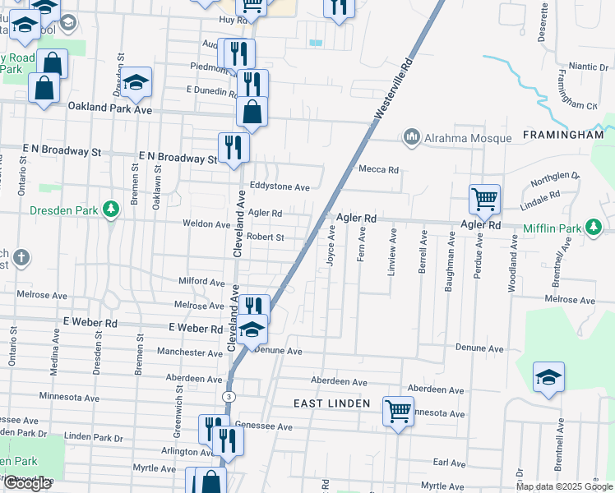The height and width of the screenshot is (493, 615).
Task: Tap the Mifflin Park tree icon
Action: tap(591, 228)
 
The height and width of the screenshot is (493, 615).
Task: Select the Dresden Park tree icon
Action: tap(111, 210)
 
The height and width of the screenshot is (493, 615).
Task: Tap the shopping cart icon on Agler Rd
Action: tap(484, 198)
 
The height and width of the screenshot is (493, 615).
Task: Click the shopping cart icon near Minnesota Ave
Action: tap(398, 409)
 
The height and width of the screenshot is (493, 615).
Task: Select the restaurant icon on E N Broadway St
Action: tap(234, 147)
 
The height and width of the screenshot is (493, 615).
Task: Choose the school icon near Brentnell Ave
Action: tap(548, 376)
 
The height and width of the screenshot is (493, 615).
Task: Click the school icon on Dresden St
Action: tap(137, 81)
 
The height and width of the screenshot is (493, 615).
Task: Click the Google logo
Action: tap(27, 484)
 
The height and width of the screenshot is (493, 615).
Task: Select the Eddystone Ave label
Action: tap(280, 187)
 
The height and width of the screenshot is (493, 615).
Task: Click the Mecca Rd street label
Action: tap(378, 170)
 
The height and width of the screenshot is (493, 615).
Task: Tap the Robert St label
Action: tap(265, 237)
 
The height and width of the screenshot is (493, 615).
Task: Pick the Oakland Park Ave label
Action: tap(110, 108)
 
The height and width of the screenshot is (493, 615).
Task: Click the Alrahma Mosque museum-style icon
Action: tap(412, 137)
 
